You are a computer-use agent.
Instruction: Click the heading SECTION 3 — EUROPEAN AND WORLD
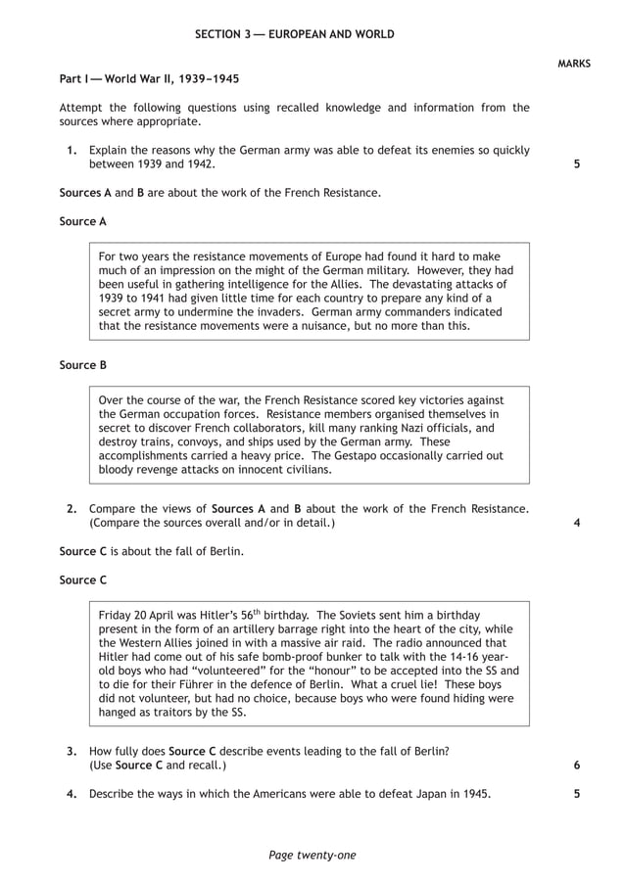click(295, 34)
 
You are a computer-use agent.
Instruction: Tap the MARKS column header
click(574, 64)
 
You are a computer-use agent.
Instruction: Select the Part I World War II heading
click(149, 77)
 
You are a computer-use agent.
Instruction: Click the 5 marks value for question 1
click(577, 164)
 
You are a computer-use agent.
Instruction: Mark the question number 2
click(72, 509)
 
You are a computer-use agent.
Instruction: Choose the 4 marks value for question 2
click(577, 523)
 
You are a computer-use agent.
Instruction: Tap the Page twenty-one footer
click(312, 856)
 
